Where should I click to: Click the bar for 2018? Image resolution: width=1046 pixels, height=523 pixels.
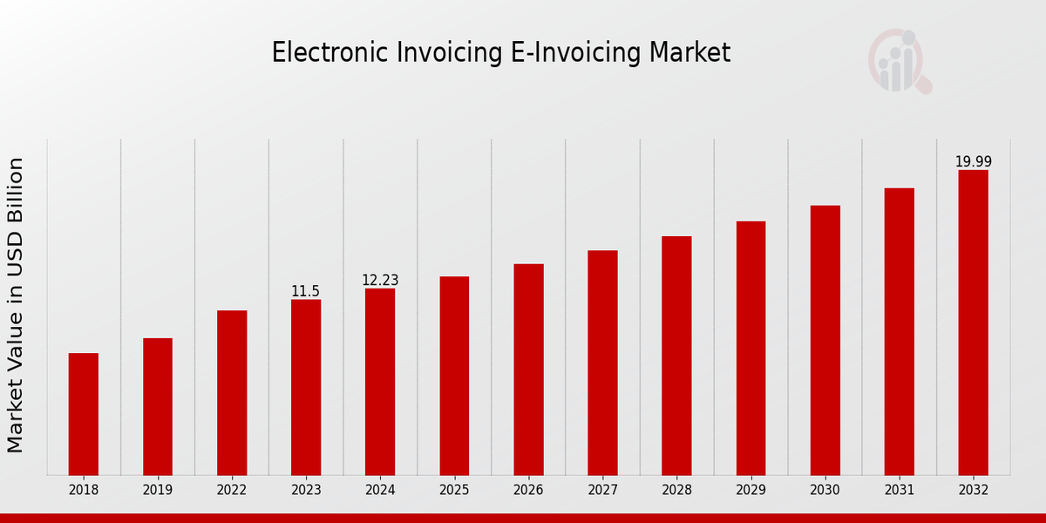[x=84, y=414]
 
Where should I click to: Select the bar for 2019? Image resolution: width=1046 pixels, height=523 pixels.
[x=158, y=406]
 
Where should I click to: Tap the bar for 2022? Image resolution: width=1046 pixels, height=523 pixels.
[x=232, y=392]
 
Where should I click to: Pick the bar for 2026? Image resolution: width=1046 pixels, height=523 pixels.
[x=528, y=370]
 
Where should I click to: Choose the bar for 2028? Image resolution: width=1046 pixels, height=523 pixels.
[x=676, y=356]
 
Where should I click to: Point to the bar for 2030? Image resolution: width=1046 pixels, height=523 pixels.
[x=825, y=340]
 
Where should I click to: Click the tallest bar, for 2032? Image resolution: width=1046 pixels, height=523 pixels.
[x=973, y=323]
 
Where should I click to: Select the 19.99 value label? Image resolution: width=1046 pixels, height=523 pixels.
[x=973, y=162]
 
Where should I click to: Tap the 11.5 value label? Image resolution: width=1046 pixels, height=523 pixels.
[x=305, y=291]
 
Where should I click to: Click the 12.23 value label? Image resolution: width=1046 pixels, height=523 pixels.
[x=380, y=281]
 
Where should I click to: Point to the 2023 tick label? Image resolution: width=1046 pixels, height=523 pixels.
[x=306, y=490]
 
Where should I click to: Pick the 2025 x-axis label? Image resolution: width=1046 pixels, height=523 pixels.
[x=454, y=490]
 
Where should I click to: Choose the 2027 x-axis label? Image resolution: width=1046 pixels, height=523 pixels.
[x=602, y=490]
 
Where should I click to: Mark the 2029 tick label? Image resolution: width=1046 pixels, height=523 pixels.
[x=751, y=490]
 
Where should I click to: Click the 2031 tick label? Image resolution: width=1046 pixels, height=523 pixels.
[x=899, y=490]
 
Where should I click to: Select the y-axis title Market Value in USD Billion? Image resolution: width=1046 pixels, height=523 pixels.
[x=16, y=305]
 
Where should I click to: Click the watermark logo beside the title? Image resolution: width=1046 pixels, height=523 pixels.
[x=899, y=62]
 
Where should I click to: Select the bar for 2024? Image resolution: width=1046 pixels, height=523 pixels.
[x=380, y=382]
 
